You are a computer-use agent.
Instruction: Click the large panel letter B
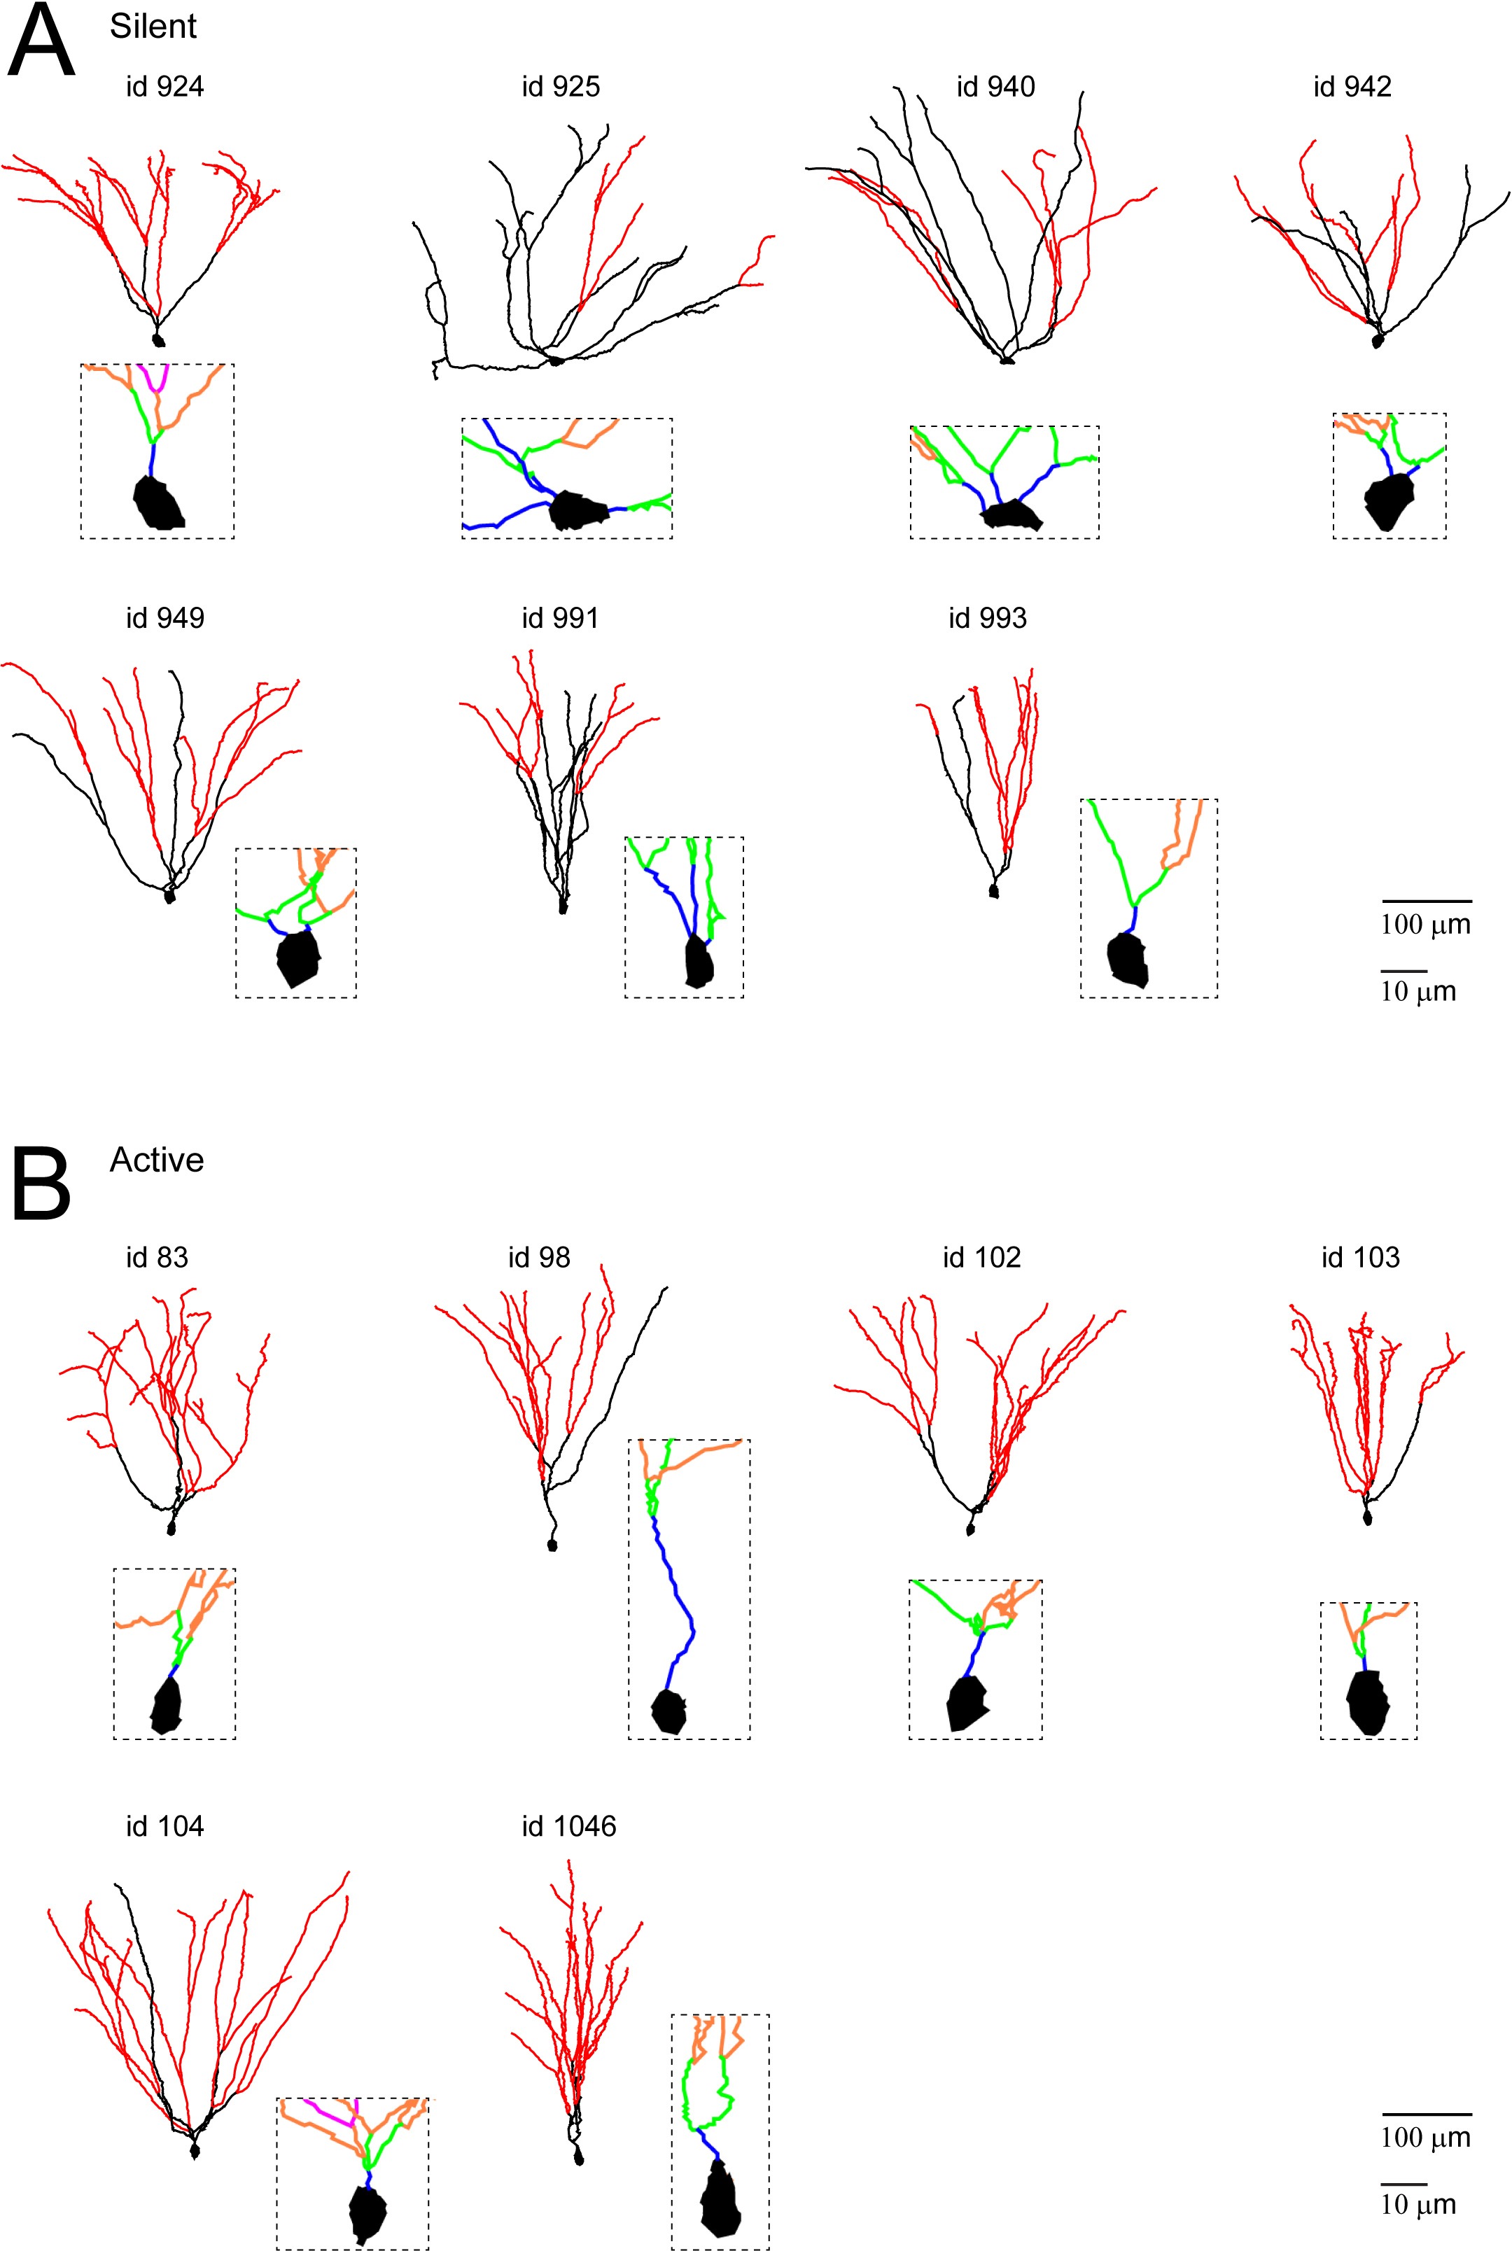coord(41,1183)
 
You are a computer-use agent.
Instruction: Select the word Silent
coord(153,26)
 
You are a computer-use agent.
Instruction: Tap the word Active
coord(156,1160)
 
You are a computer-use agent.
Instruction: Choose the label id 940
coord(995,87)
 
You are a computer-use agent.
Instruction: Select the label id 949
coord(165,618)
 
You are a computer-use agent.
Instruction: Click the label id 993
coord(988,618)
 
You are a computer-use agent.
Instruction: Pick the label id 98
coord(539,1257)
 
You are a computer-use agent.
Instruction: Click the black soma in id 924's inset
coord(158,503)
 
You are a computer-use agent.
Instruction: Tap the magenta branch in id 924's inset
coord(154,378)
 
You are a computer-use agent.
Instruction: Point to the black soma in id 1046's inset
coord(720,2199)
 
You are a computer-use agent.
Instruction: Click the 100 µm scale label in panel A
coord(1425,925)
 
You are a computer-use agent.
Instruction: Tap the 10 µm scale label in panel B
coord(1417,2205)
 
